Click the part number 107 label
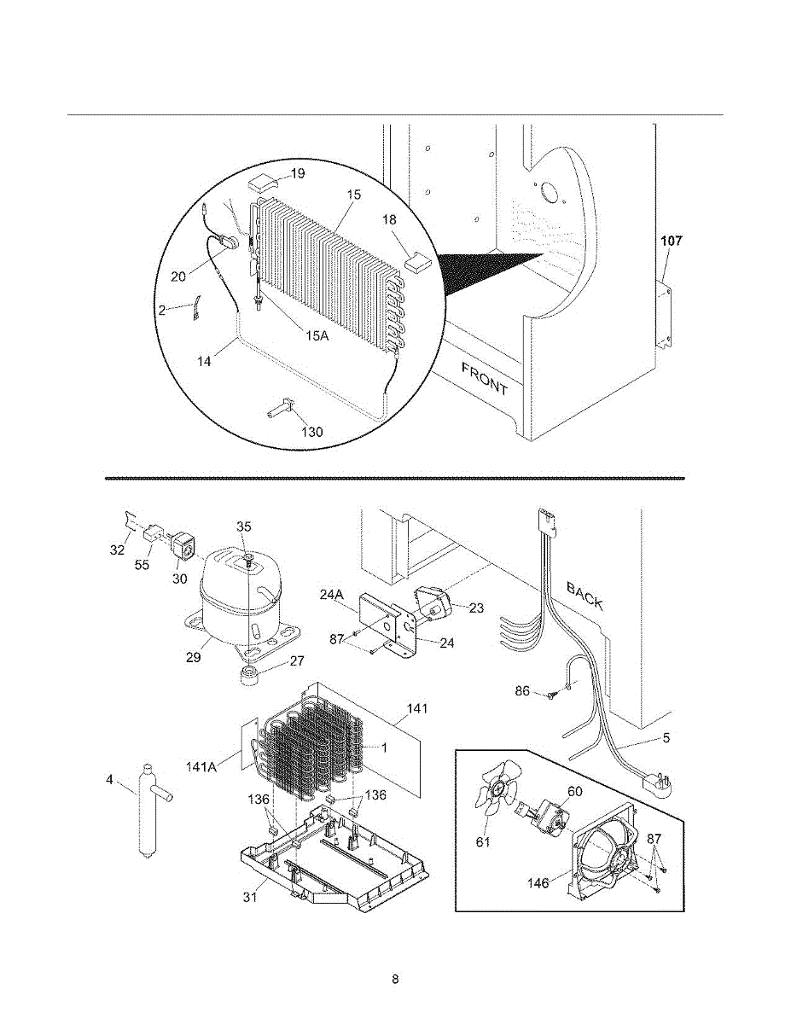pyautogui.click(x=672, y=241)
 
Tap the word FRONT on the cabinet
pyautogui.click(x=485, y=379)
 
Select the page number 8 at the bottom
pyautogui.click(x=395, y=979)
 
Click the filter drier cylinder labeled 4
pyautogui.click(x=149, y=811)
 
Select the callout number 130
pyautogui.click(x=312, y=432)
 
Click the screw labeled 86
pyautogui.click(x=551, y=695)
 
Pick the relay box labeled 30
pyautogui.click(x=182, y=546)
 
